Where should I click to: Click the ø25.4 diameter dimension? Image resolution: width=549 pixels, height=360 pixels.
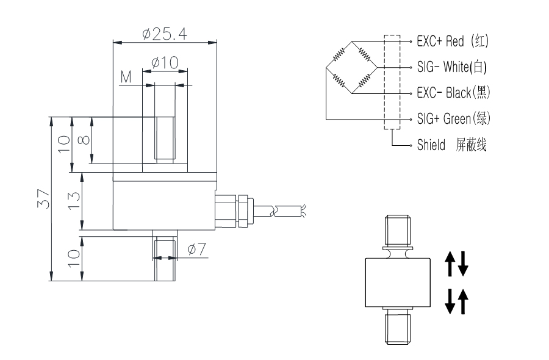tap(164, 34)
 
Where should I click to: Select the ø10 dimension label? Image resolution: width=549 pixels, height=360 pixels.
tap(163, 62)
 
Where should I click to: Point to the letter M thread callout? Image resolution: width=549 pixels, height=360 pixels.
tap(126, 77)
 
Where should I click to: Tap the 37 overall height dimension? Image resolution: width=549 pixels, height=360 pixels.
tap(43, 199)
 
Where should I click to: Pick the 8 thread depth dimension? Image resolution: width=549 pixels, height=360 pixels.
tap(86, 139)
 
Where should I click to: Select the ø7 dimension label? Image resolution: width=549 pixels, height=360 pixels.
tap(197, 249)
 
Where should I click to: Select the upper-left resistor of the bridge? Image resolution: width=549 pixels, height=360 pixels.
tap(338, 54)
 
